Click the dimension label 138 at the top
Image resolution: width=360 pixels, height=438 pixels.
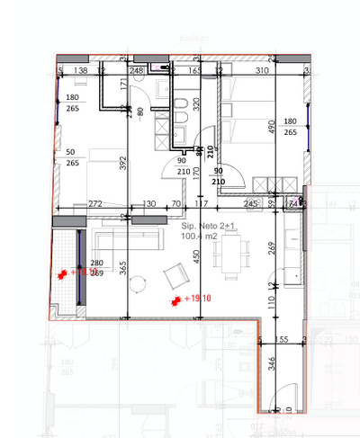[80, 70]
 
